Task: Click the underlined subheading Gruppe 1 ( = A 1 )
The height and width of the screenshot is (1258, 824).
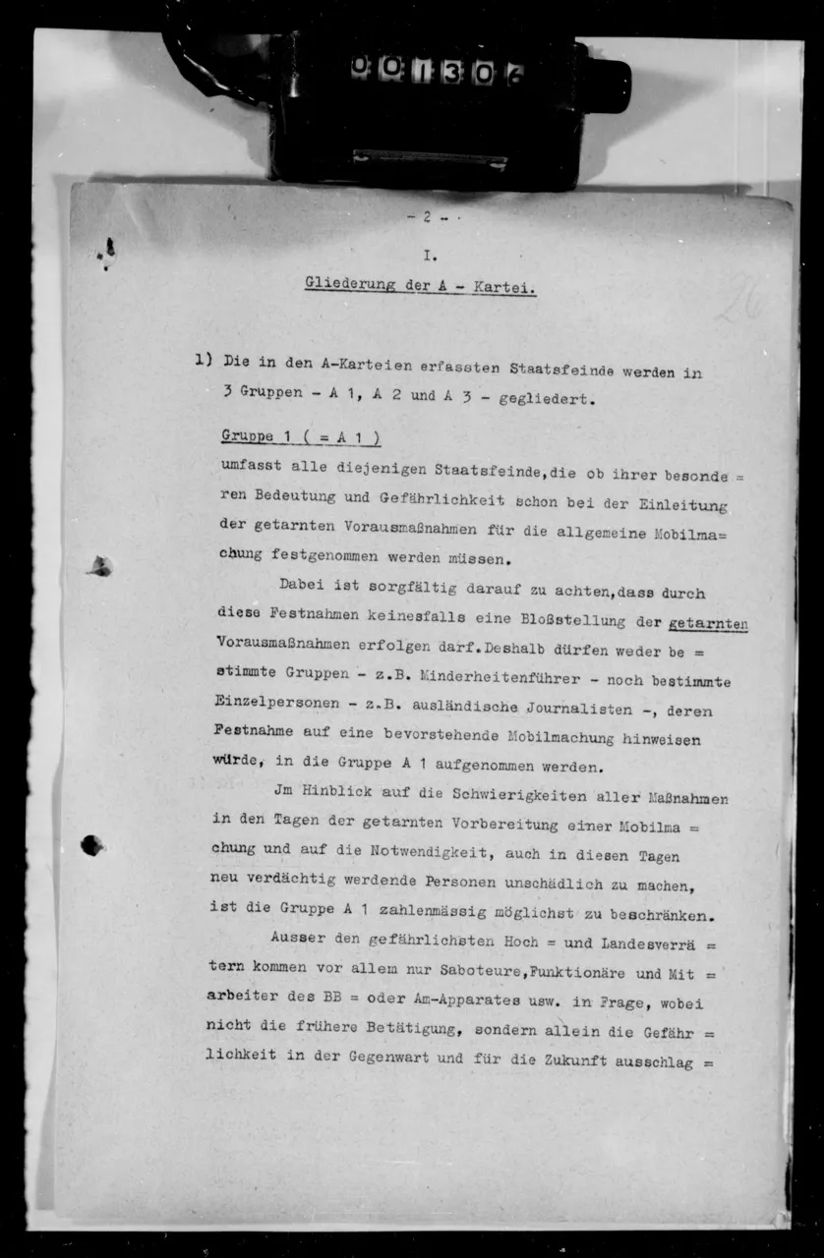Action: click(301, 437)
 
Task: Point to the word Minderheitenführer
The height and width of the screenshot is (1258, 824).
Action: click(495, 680)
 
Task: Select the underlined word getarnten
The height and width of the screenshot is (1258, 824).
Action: click(707, 623)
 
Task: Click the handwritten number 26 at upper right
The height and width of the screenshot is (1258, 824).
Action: click(742, 302)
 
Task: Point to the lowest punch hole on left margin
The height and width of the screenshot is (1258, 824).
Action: click(92, 844)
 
